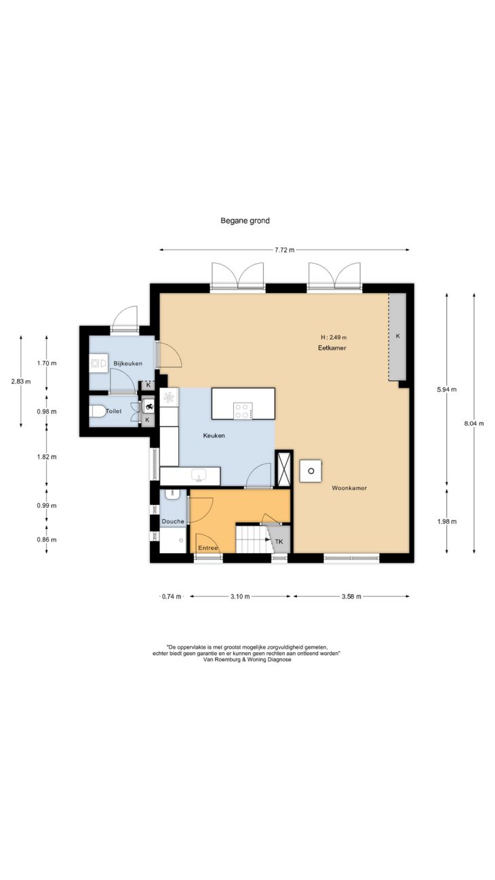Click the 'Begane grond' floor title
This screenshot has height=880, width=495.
tap(245, 221)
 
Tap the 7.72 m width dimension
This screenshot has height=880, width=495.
tap(284, 250)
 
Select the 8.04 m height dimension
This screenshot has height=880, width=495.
tap(474, 424)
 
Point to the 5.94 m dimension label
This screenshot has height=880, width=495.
tap(447, 390)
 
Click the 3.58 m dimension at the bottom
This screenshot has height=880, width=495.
tap(351, 597)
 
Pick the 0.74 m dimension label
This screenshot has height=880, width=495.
tap(172, 597)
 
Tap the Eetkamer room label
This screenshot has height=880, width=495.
tap(332, 348)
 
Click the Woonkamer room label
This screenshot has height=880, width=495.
tap(349, 488)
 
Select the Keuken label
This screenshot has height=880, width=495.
tap(214, 436)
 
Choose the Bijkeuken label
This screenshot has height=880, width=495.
tap(127, 363)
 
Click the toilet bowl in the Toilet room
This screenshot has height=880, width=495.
tap(98, 412)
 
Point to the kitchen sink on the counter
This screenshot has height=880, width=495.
tap(200, 476)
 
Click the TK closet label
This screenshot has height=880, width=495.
tap(279, 542)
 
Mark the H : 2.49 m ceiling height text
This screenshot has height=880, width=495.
tap(334, 337)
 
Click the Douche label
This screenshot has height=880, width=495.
tap(173, 521)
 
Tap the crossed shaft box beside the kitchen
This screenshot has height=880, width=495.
tap(284, 468)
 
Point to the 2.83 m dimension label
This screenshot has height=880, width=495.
tap(21, 381)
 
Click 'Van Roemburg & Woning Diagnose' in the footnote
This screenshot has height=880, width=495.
tap(247, 660)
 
